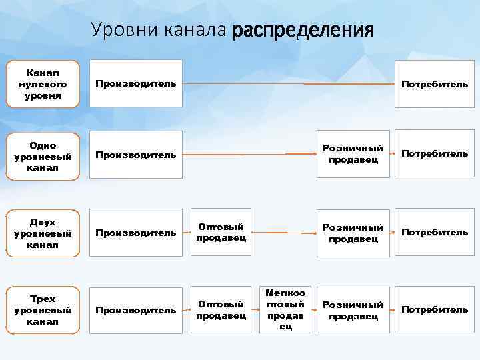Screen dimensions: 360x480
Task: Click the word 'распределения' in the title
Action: [x=303, y=30]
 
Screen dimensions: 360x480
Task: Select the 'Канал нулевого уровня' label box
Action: [x=43, y=84]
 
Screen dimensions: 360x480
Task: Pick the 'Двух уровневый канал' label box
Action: [x=43, y=233]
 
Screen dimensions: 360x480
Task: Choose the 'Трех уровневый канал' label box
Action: [x=43, y=310]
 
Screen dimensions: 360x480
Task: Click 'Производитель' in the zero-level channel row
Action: [x=136, y=84]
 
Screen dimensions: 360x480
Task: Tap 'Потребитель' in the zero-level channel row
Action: [x=434, y=84]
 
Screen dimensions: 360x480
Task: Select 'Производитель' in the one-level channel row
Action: [x=136, y=155]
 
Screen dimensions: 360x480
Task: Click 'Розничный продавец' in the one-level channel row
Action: [x=353, y=153]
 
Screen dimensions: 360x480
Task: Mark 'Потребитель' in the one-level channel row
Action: [x=434, y=154]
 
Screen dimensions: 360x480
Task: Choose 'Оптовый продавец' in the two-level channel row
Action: [x=221, y=232]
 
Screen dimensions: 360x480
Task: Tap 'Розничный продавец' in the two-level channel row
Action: [x=353, y=233]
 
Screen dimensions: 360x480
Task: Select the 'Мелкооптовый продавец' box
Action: [x=285, y=310]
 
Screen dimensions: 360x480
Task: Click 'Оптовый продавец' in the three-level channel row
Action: [x=221, y=310]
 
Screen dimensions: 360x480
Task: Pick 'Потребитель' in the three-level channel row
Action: [x=434, y=310]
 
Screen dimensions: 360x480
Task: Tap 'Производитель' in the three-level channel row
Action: [x=136, y=310]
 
